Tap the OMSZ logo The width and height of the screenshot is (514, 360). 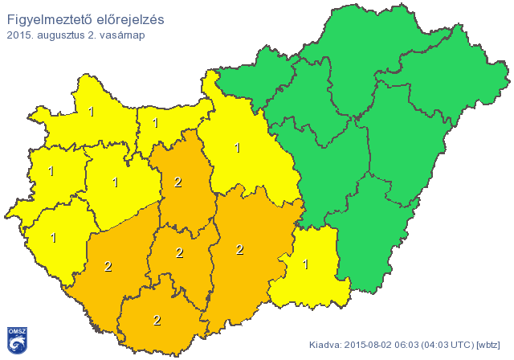pyautogui.click(x=17, y=340)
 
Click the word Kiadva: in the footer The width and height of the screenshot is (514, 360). pyautogui.click(x=327, y=345)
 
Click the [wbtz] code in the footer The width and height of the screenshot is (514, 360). pyautogui.click(x=488, y=345)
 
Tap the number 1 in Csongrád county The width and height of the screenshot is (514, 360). pyautogui.click(x=305, y=264)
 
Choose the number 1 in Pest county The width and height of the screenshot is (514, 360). pyautogui.click(x=237, y=148)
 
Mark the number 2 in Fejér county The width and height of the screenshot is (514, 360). pyautogui.click(x=178, y=182)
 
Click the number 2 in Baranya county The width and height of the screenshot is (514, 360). pyautogui.click(x=157, y=320)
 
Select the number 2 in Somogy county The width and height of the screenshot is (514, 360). pyautogui.click(x=108, y=266)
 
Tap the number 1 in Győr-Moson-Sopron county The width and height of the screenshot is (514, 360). pyautogui.click(x=92, y=112)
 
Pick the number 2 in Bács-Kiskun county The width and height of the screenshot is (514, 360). pyautogui.click(x=239, y=250)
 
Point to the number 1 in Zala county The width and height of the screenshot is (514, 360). pyautogui.click(x=54, y=238)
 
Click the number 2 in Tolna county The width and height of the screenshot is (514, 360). pyautogui.click(x=179, y=253)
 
